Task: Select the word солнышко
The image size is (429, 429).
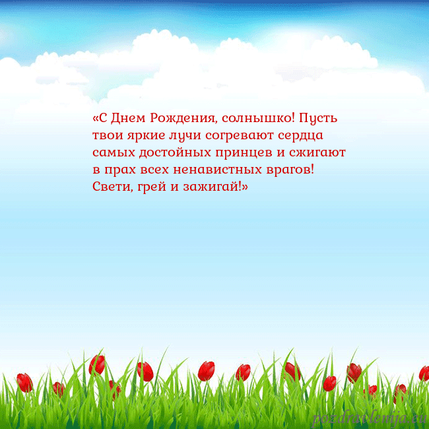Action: (x=258, y=119)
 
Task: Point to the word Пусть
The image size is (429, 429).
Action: (x=318, y=119)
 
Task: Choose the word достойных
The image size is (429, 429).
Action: (x=173, y=153)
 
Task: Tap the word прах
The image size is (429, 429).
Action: (x=119, y=170)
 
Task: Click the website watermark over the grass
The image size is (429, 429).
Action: (x=369, y=418)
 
